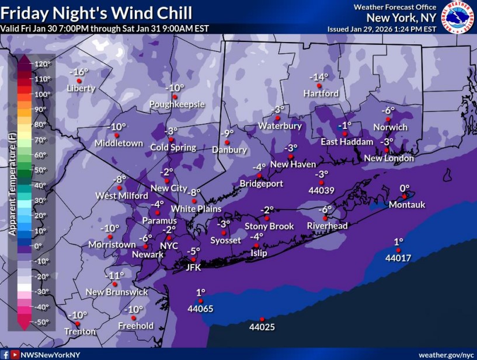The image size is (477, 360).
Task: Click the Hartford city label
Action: pyautogui.click(x=321, y=93)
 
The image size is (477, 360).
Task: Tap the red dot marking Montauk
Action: pyautogui.click(x=405, y=197)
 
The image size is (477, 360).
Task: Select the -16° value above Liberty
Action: pyautogui.click(x=79, y=72)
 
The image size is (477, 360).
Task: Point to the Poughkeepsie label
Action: pyautogui.click(x=177, y=104)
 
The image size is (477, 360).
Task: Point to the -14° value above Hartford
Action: pyautogui.click(x=319, y=77)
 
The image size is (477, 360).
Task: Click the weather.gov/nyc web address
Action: pyautogui.click(x=446, y=355)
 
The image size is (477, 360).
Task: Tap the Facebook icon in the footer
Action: pyautogui.click(x=5, y=355)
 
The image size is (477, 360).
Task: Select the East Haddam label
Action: pyautogui.click(x=347, y=142)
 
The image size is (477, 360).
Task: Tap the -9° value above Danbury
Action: pyautogui.click(x=228, y=133)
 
